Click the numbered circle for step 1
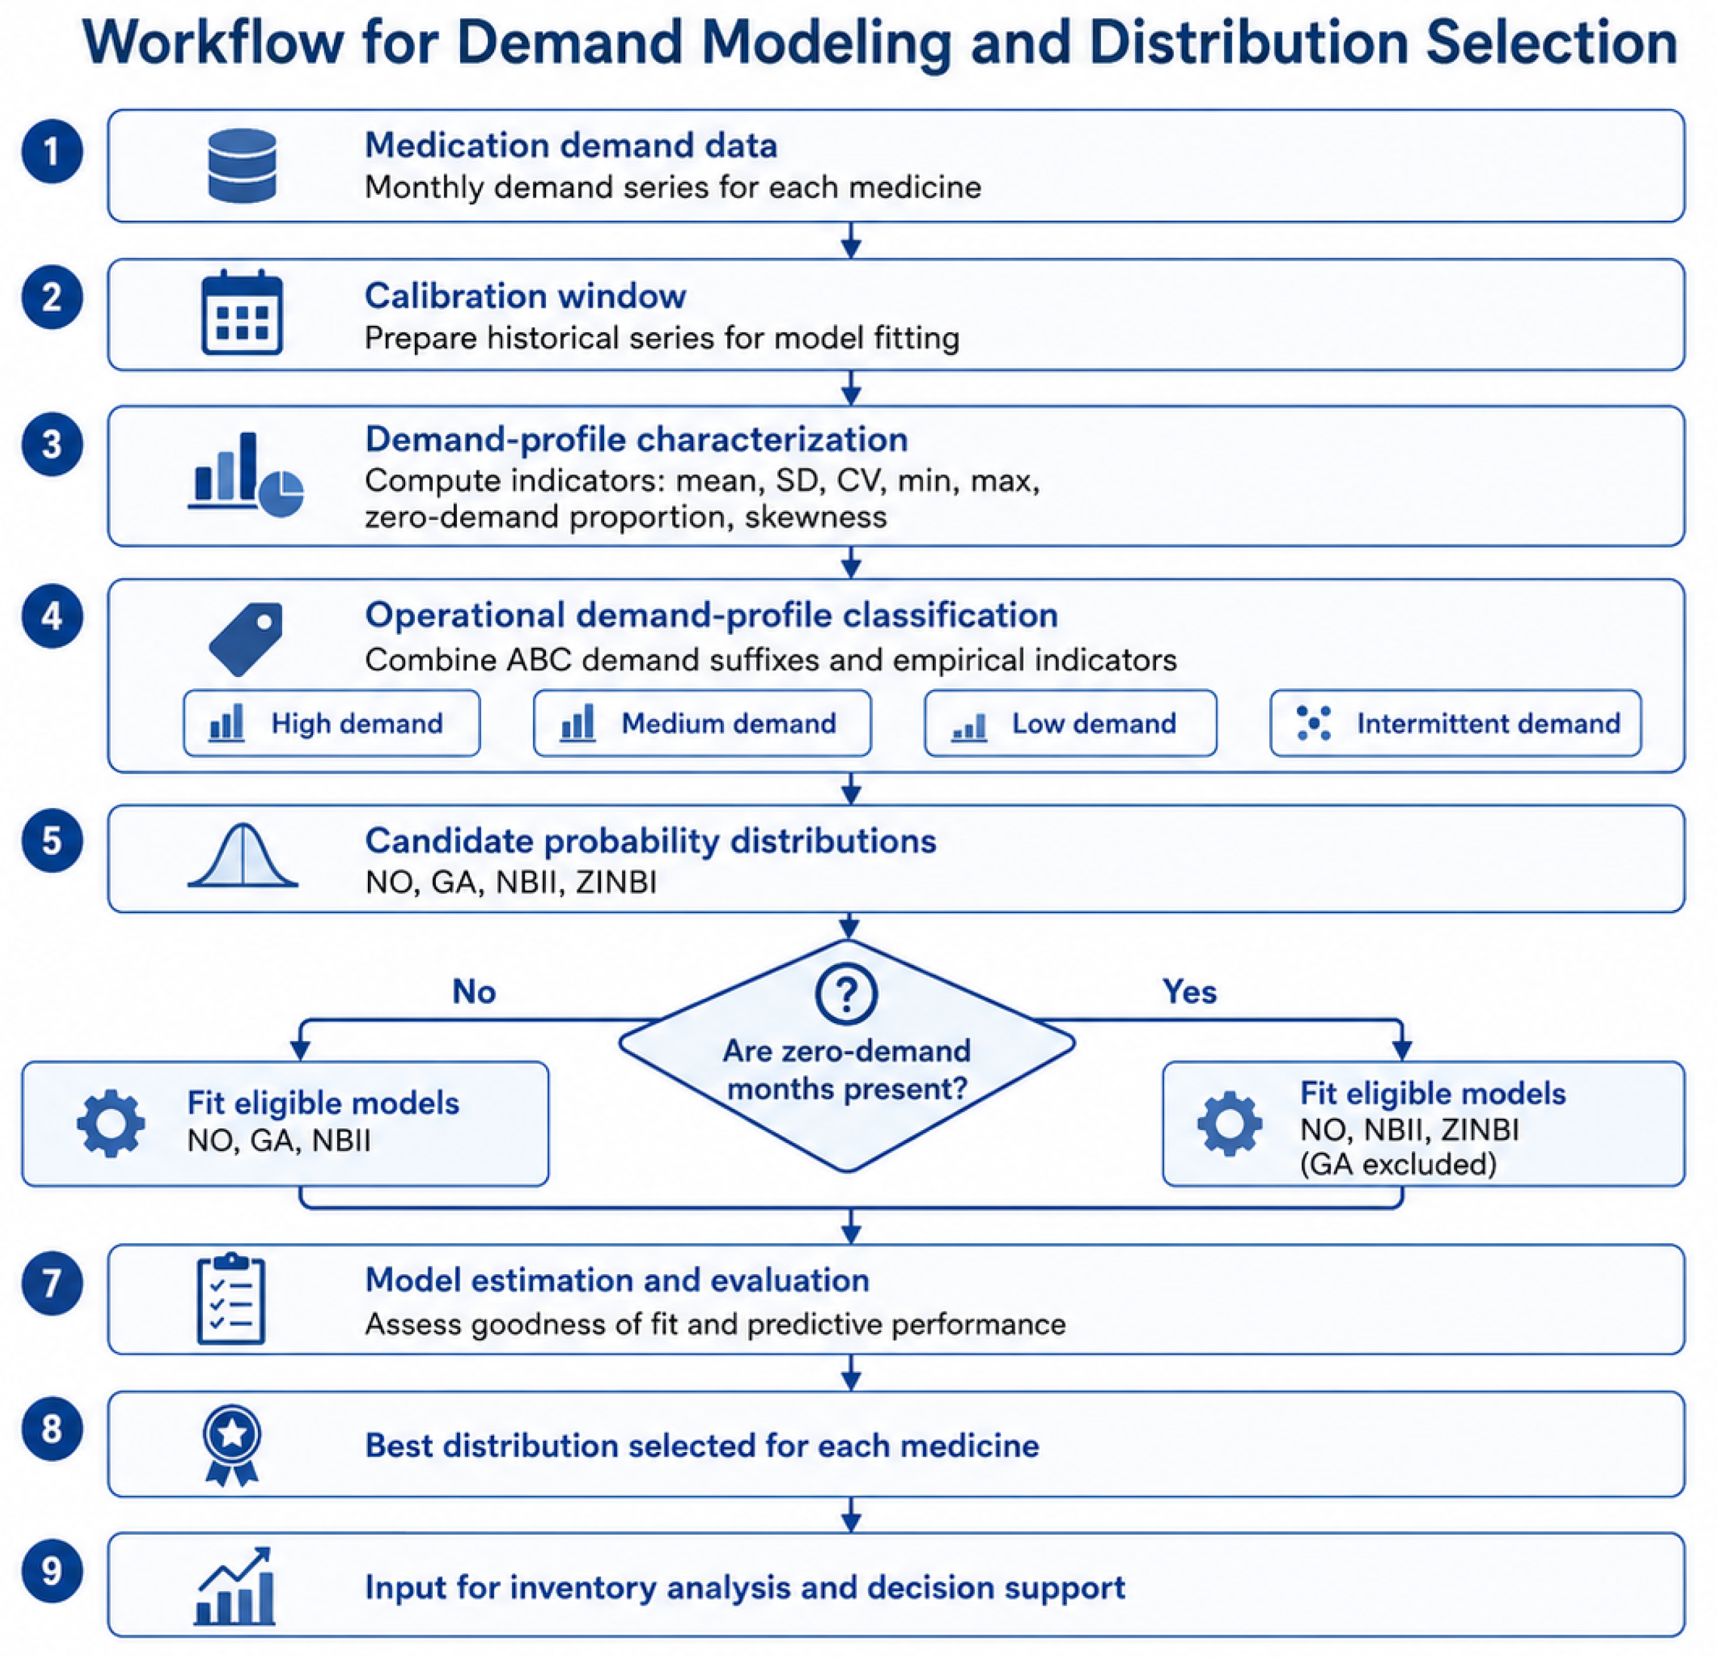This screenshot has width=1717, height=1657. pos(52,152)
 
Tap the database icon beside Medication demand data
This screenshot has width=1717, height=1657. pos(242,166)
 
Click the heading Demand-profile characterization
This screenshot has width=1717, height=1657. pos(636,439)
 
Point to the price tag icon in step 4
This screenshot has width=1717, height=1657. pos(246,639)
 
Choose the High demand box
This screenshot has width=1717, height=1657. pos(332,723)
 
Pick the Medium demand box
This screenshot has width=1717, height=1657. pos(702,723)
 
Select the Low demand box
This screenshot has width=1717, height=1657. pos(1070,723)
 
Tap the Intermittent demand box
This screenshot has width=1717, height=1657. pos(1455,723)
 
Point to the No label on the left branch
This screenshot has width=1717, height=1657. pos(474,991)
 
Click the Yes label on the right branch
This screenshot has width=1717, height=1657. pos(1189,991)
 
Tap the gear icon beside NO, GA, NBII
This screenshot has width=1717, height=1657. pos(111,1123)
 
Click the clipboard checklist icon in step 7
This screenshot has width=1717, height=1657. pos(231,1299)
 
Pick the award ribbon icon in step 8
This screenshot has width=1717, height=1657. pos(232,1446)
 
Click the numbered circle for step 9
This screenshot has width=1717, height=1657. pos(52,1571)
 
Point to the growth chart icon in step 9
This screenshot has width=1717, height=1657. pos(235,1586)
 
